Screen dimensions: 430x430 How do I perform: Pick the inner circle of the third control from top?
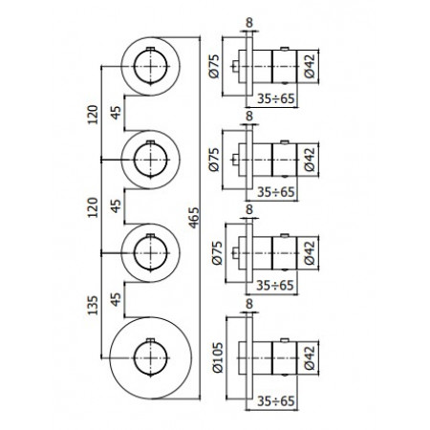point(149,248)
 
